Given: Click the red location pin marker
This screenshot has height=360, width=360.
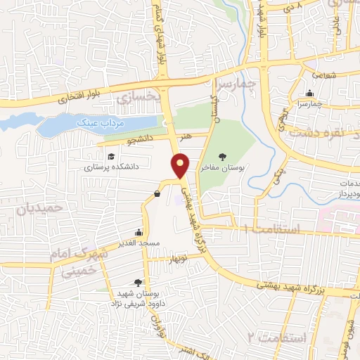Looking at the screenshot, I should (x=181, y=165).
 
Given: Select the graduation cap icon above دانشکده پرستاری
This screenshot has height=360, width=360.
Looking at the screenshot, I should (x=110, y=157).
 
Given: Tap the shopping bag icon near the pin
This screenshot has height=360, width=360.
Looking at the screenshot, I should (x=156, y=195).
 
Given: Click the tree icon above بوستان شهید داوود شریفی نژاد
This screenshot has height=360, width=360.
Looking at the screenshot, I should (x=147, y=282).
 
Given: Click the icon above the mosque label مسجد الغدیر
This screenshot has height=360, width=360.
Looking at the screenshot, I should (x=139, y=232).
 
